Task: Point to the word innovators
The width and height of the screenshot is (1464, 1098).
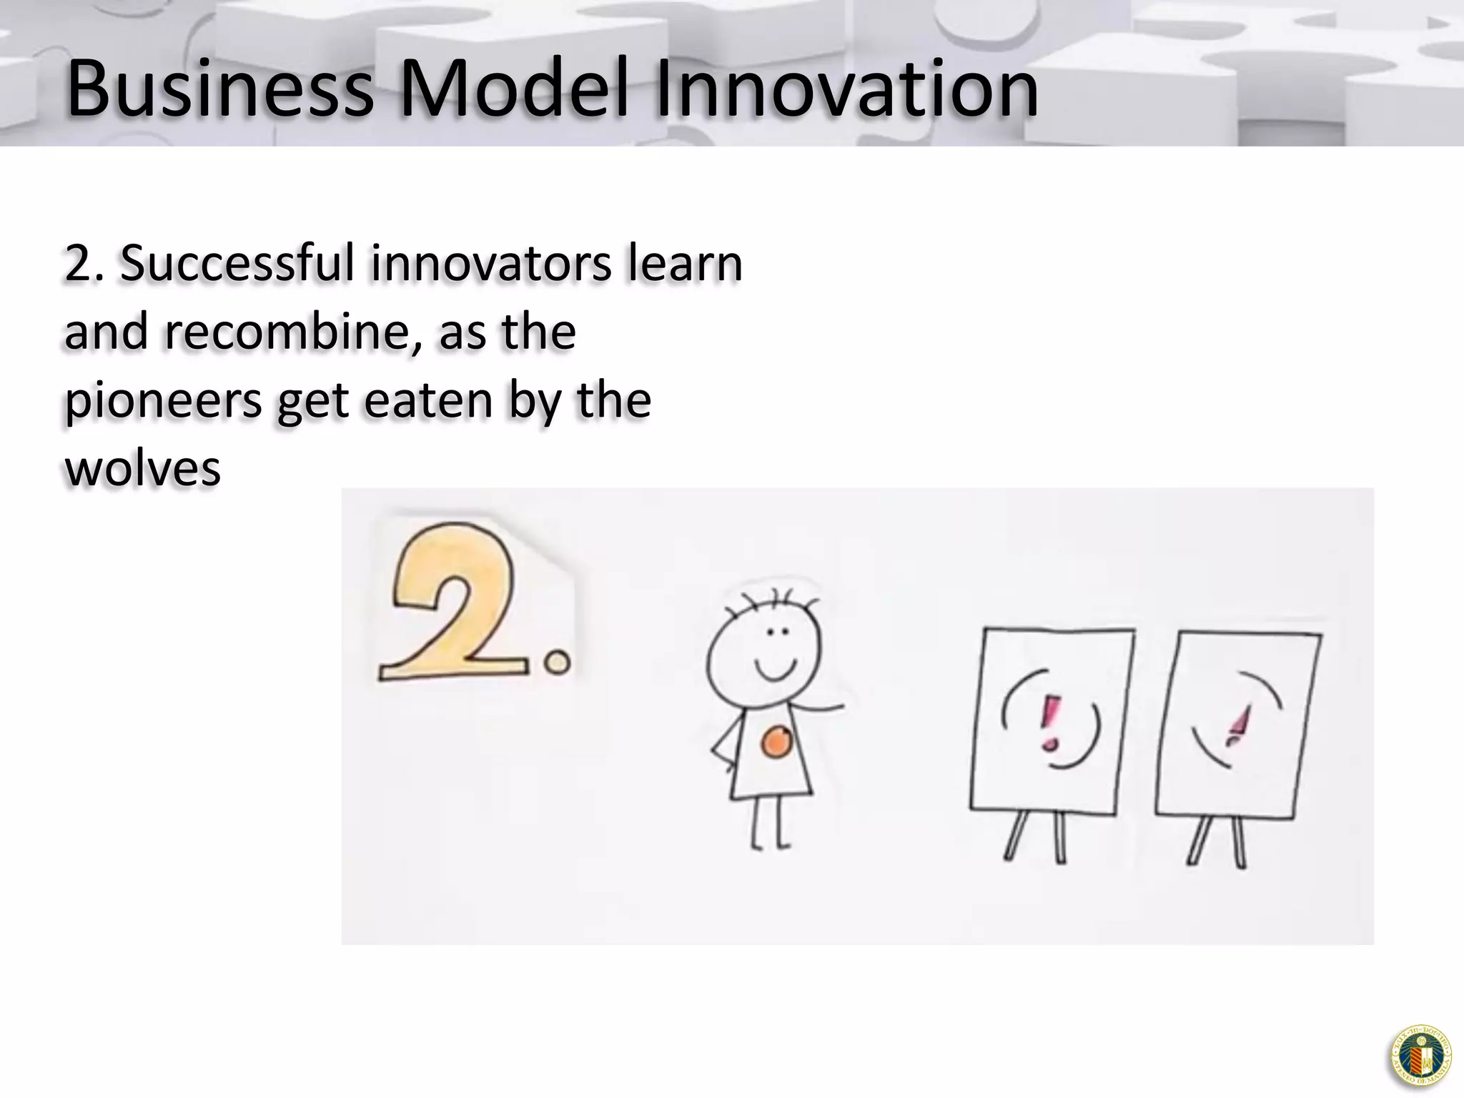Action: (491, 263)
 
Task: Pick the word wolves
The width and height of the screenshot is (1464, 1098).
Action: (143, 468)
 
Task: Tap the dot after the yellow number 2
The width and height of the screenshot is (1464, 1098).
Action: (557, 663)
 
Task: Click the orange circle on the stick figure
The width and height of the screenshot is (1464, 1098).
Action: (776, 742)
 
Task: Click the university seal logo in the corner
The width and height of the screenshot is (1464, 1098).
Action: (1421, 1055)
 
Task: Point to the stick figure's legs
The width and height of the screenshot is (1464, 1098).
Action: (768, 822)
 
